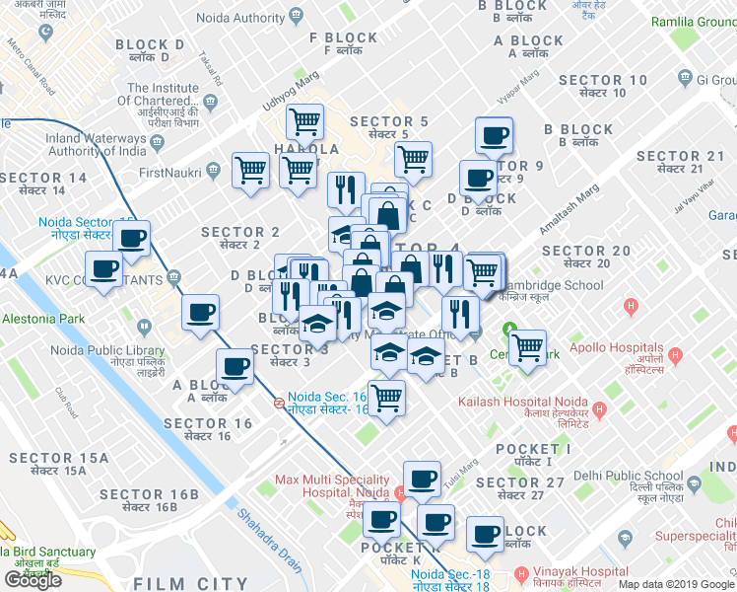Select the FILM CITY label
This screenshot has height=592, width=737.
pos(191,583)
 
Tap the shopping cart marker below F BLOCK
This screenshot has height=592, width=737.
pos(305,122)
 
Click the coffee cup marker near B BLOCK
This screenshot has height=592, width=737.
pos(494,135)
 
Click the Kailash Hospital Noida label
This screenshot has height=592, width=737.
pos(522,402)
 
